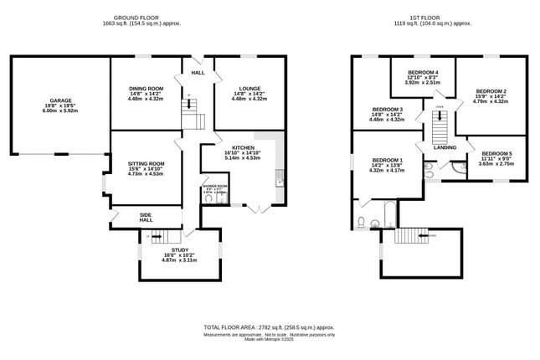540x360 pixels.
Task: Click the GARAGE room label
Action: tap(48, 100)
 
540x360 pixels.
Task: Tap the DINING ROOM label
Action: tap(146, 89)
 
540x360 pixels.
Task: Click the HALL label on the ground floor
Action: tap(198, 73)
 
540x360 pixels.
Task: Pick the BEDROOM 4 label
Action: tap(423, 73)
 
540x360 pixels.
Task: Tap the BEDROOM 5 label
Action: tap(497, 153)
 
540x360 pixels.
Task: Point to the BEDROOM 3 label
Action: tap(387, 109)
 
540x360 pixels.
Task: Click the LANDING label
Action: tap(445, 147)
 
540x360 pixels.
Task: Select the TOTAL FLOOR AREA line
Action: tap(269, 327)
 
